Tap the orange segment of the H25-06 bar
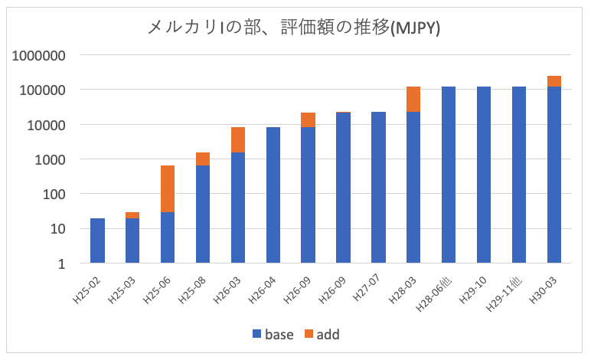coord(168,188)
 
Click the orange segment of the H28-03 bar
coord(413,99)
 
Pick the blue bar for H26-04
coord(273,195)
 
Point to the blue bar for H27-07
coord(378,188)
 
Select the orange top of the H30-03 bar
coord(554,81)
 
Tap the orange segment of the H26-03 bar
coord(238,139)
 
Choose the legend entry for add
coord(319,334)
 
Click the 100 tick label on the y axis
coord(56,194)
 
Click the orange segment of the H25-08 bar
coord(203,159)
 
